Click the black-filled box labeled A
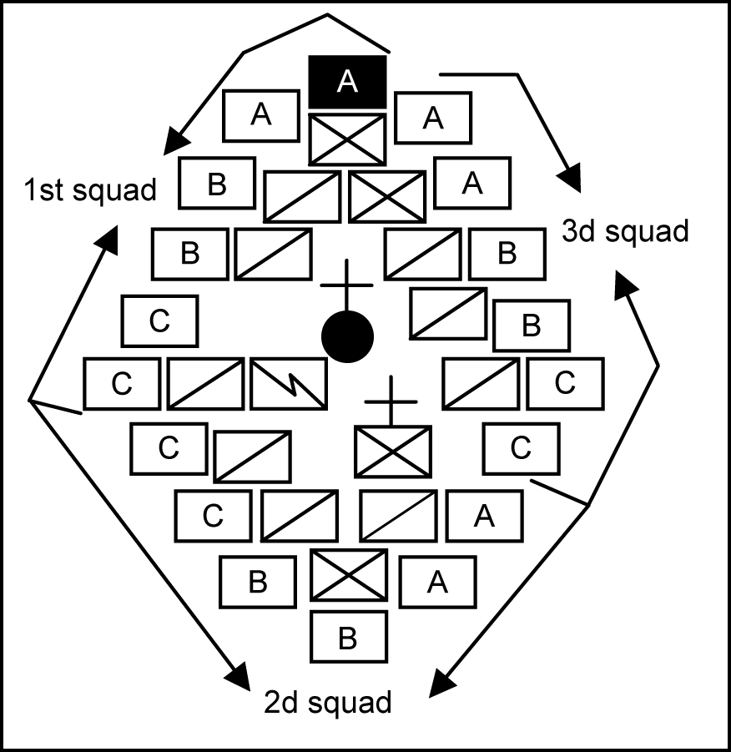coord(348,81)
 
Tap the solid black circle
coord(347,336)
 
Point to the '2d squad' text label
coord(326,702)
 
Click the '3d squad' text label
coord(626,230)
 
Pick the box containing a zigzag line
coord(289,384)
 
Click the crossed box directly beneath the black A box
coord(347,139)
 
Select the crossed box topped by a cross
coord(392,452)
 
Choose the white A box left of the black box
coord(261,115)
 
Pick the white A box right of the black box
coord(432,119)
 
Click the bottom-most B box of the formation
coord(348,638)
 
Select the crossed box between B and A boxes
coord(348,574)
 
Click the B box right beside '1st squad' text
coord(217,184)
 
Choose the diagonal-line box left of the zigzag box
coord(206,384)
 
